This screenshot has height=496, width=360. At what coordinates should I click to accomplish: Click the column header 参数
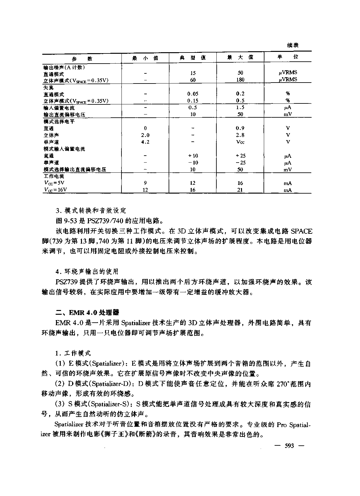(x=82, y=59)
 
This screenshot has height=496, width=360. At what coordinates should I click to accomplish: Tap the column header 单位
(x=288, y=57)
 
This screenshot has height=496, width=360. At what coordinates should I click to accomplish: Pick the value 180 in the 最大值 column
(x=240, y=80)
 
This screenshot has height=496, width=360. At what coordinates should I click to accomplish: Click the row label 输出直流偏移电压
(x=64, y=115)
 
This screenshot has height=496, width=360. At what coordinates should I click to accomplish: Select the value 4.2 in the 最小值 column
(x=145, y=142)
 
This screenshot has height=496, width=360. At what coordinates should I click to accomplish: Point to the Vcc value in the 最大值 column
(x=240, y=142)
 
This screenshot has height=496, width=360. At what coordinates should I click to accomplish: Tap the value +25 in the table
(x=240, y=156)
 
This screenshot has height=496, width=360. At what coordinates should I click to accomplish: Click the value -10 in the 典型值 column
(x=193, y=163)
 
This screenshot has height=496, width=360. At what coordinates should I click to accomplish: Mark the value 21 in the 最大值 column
(x=240, y=190)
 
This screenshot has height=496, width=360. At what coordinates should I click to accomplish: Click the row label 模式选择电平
(x=59, y=121)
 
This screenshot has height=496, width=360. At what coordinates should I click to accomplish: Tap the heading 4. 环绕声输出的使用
(x=87, y=271)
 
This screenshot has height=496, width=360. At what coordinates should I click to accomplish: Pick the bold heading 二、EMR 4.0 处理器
(x=87, y=313)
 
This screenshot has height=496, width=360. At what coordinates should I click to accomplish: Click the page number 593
(x=289, y=446)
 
